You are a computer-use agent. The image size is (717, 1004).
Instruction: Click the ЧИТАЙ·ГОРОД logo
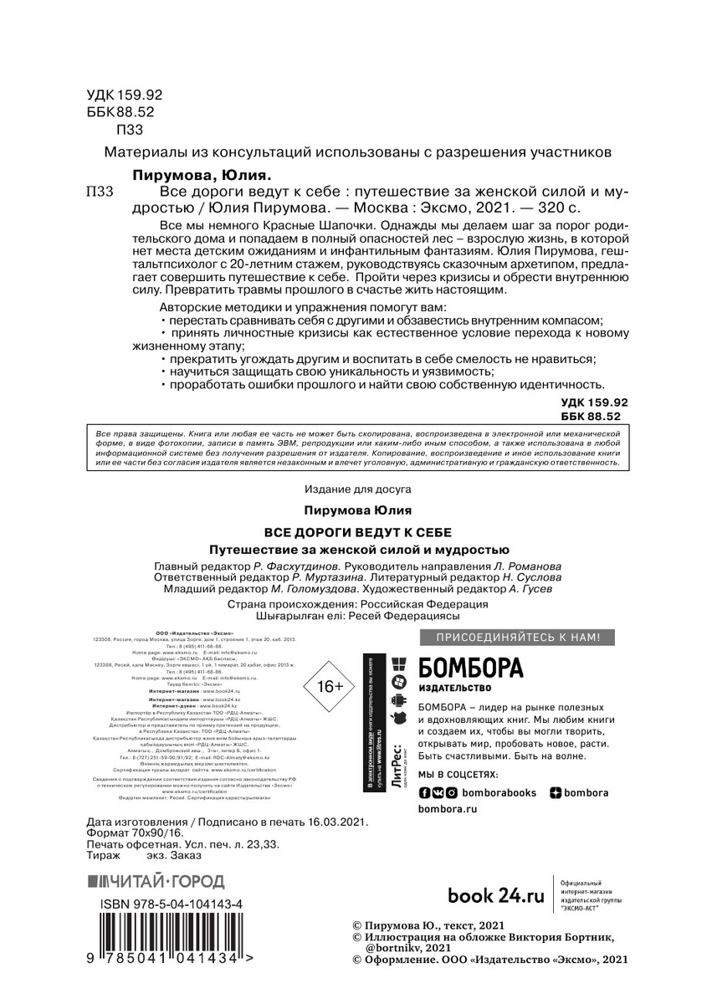pyautogui.click(x=156, y=881)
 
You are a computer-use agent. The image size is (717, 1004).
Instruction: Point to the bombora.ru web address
pyautogui.click(x=447, y=809)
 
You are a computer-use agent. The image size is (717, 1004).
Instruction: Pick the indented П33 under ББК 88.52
pyautogui.click(x=130, y=129)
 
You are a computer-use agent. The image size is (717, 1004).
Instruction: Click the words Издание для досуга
pyautogui.click(x=358, y=489)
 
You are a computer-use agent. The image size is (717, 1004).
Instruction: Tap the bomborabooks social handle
pyautogui.click(x=499, y=792)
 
